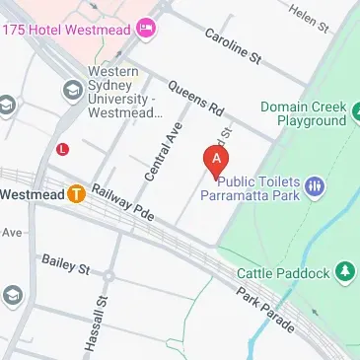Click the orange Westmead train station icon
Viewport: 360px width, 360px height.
click(76, 193)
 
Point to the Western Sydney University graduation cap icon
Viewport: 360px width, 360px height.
click(72, 92)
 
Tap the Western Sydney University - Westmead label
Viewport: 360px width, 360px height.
click(124, 93)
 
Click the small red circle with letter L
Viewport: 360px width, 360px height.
click(63, 150)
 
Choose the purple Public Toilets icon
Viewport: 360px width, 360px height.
click(315, 185)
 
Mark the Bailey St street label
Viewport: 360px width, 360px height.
click(65, 263)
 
